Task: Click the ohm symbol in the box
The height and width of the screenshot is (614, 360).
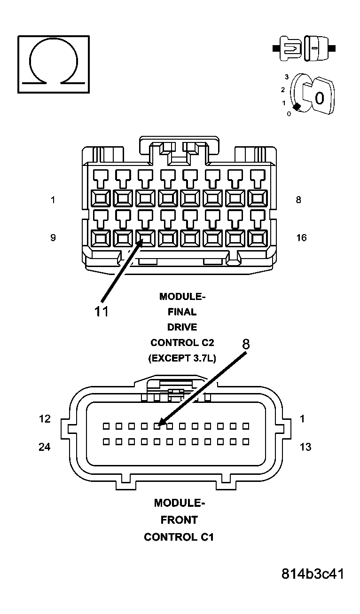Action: point(53,64)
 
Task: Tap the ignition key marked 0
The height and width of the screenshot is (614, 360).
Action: point(318,97)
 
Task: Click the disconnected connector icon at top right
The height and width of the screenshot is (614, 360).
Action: point(304,48)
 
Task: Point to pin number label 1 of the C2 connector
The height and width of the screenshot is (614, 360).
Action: point(53,200)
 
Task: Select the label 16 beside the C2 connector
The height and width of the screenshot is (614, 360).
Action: point(301,237)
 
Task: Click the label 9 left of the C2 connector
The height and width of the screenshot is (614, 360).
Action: point(53,237)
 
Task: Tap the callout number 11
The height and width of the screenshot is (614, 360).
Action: point(102,311)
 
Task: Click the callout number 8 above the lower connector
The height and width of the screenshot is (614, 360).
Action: point(246,344)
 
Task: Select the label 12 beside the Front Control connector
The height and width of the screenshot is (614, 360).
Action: point(45,418)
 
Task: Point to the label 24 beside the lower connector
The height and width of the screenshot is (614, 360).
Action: point(45,447)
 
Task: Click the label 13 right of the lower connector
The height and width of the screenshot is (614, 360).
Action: point(305,447)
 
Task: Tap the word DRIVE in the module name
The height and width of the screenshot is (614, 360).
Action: point(182,327)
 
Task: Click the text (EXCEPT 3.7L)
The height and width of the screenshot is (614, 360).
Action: point(182,358)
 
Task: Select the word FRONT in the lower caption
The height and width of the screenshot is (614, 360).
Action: point(179,520)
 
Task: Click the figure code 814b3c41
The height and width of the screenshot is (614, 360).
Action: point(313,574)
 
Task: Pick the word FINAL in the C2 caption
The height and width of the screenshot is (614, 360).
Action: point(182,312)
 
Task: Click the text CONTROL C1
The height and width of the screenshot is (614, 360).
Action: point(179,537)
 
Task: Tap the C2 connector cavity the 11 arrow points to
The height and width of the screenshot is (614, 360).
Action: point(145,238)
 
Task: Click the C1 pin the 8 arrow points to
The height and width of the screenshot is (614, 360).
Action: point(158,426)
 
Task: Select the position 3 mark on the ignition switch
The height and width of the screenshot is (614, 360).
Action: point(286,77)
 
